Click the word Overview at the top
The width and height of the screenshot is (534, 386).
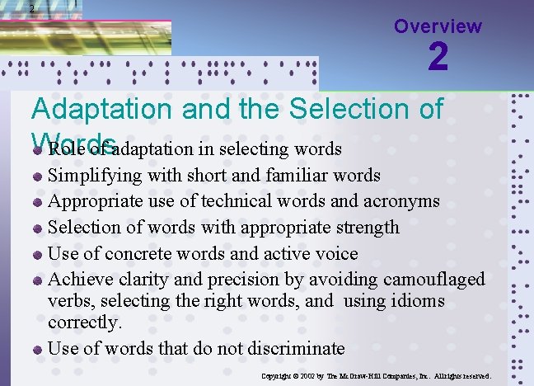point(438,26)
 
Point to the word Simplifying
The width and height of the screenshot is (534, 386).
point(89,176)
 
